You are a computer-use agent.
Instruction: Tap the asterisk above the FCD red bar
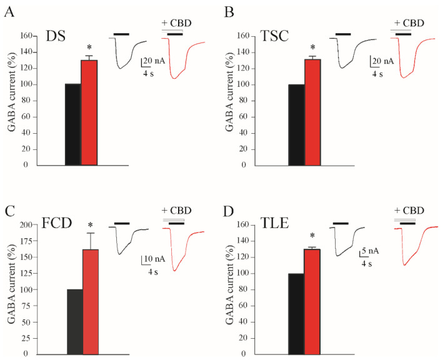click(x=91, y=226)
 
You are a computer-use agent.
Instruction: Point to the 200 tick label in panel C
click(x=26, y=225)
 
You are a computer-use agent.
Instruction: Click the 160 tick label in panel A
click(x=26, y=36)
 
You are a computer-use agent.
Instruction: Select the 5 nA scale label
click(x=369, y=251)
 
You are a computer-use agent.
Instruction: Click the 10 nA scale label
click(x=154, y=259)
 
